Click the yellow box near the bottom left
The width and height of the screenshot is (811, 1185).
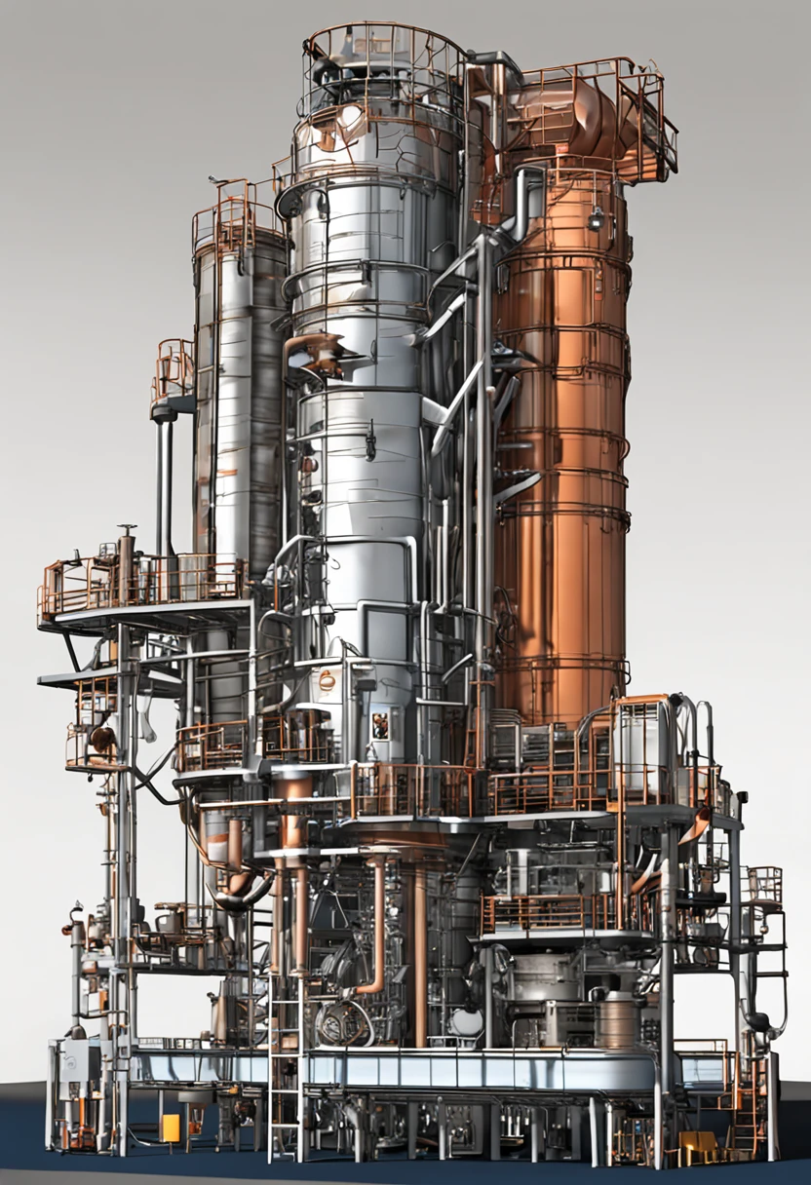[x=171, y=1128]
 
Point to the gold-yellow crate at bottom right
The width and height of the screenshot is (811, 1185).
[x=698, y=1148]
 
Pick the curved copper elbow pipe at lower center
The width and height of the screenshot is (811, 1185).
[x=375, y=936]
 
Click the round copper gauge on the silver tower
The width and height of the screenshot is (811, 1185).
[x=327, y=680]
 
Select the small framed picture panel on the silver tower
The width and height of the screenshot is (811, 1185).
[x=379, y=724]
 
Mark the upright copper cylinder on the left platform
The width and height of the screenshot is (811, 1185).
[x=126, y=563]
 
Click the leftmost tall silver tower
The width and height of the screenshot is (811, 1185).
[x=239, y=390]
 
